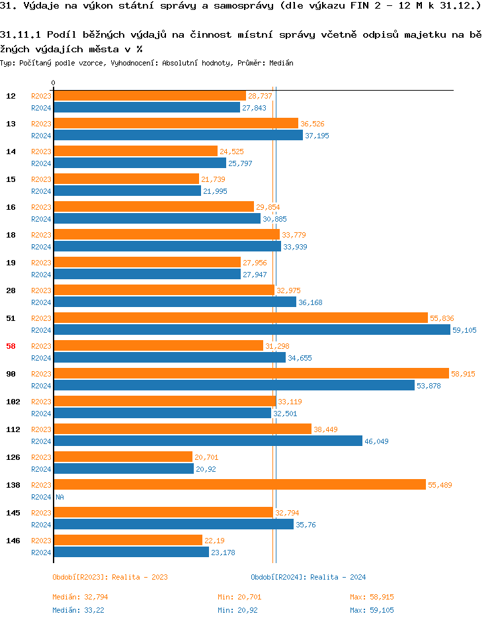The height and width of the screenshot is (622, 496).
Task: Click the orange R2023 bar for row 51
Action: coord(241,318)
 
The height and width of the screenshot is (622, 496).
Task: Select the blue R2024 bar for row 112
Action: coord(208,441)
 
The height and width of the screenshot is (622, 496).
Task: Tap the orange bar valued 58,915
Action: coord(251,374)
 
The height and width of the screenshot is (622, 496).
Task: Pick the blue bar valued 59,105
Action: coord(252,330)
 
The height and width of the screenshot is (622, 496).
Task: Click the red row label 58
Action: coord(11,346)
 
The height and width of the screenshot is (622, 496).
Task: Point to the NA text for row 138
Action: coord(60,497)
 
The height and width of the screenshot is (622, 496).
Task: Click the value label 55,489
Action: coord(440,485)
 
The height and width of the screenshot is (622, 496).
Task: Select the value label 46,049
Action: coord(376,441)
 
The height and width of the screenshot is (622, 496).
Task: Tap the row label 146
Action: coord(13,541)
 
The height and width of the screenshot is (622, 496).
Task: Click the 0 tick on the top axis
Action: coord(54,83)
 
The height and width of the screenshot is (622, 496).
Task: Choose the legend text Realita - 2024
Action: coord(338,577)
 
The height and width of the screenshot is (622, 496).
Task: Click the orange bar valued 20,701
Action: coord(123,457)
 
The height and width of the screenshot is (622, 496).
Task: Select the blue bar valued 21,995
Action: coord(127,191)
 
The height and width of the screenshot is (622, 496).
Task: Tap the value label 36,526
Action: coord(312,124)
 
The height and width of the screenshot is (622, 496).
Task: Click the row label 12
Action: coord(11,96)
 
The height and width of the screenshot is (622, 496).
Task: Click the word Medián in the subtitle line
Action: coord(282,63)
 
